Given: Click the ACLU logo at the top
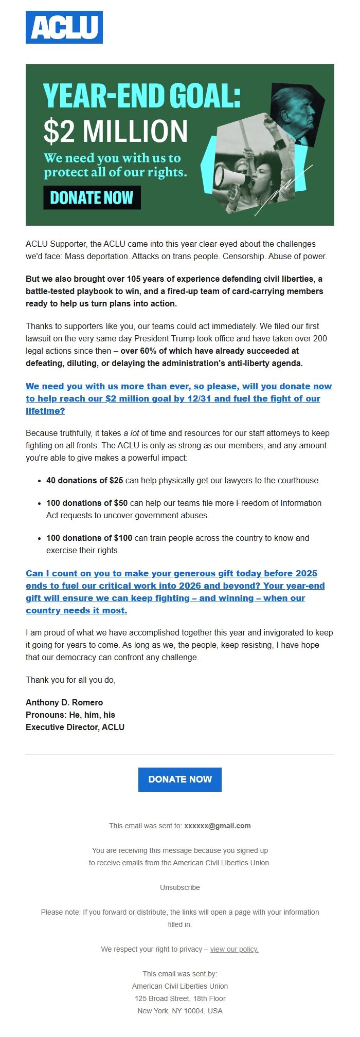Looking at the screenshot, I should pos(64,27).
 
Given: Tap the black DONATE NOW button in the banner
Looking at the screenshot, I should pos(92,198).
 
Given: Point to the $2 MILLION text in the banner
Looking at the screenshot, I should pos(116,132).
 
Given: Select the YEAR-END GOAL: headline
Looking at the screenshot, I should pos(141,96).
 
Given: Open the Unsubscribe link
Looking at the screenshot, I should pos(180,887).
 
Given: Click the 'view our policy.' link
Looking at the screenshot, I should pos(234,949).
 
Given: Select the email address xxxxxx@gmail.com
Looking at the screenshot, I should pos(218,826).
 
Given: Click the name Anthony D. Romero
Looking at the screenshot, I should pos(64,702).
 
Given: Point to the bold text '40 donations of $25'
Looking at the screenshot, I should pos(84,480).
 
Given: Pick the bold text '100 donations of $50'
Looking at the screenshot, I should pos(87,503).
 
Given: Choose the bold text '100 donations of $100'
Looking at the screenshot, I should pos(89,538).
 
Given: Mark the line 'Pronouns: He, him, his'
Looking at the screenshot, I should pos(70,715).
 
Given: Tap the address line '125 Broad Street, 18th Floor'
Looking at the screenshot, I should pos(180,998).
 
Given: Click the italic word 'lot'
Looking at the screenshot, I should pos(134,433).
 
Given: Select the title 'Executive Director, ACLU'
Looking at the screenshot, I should pos(75,727).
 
